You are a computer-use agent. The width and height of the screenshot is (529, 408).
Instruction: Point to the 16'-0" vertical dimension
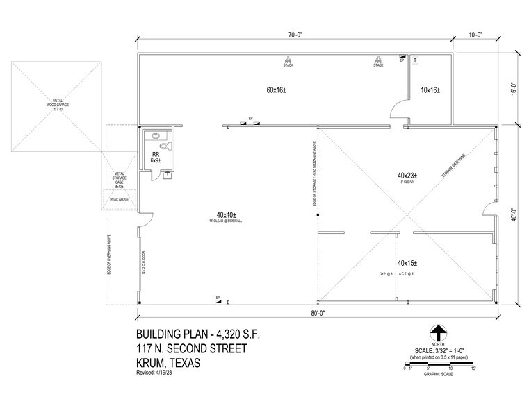click(x=514, y=90)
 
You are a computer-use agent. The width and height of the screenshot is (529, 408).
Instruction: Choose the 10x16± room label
click(x=431, y=90)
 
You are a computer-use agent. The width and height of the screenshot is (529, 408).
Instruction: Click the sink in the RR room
click(x=156, y=136)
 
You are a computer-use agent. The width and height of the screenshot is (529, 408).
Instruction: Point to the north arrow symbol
click(x=438, y=332)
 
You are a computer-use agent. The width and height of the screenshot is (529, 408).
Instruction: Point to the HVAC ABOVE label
click(x=119, y=199)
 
